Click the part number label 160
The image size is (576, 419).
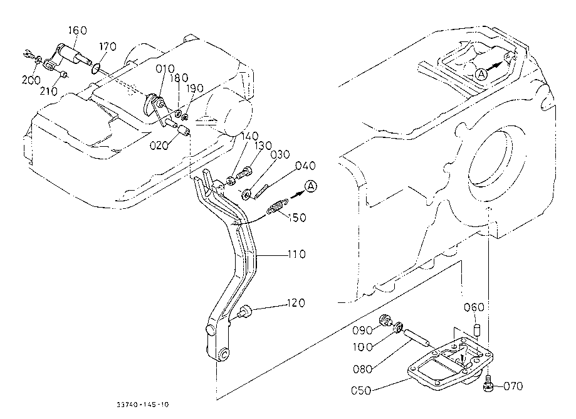click(x=78, y=30)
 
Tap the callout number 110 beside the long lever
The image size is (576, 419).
click(x=296, y=254)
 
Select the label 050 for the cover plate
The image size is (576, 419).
click(x=361, y=390)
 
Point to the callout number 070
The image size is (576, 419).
click(x=513, y=386)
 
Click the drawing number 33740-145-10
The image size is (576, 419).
click(x=143, y=405)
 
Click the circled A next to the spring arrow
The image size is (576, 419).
click(x=311, y=186)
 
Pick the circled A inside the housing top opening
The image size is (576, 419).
click(x=481, y=74)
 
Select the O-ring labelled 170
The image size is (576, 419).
click(x=95, y=68)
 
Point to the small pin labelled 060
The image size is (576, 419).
click(x=476, y=328)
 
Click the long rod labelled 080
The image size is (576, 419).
click(x=416, y=337)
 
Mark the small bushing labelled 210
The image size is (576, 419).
click(x=63, y=75)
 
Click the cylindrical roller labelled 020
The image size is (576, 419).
click(x=183, y=130)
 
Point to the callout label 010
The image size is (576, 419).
click(x=165, y=69)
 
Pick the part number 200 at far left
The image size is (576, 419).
click(x=31, y=80)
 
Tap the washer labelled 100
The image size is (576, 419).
click(x=398, y=327)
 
